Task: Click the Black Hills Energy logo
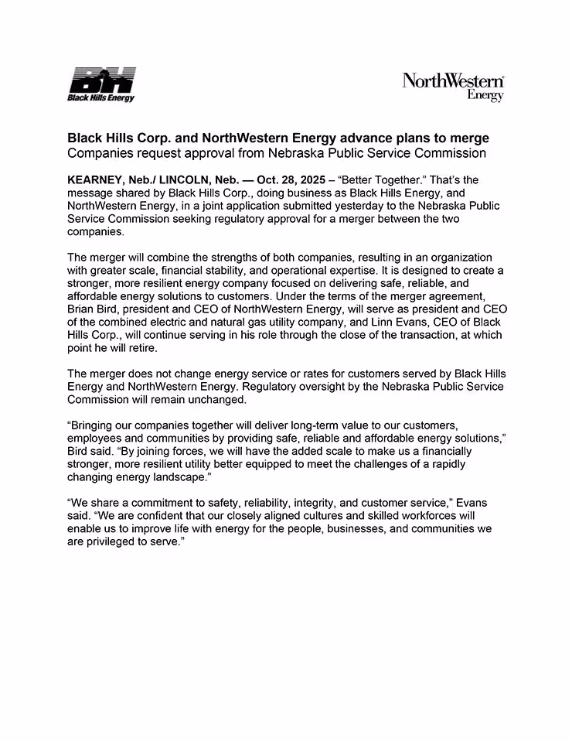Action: [101, 85]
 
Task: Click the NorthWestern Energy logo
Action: [453, 87]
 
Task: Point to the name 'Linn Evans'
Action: [392, 323]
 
